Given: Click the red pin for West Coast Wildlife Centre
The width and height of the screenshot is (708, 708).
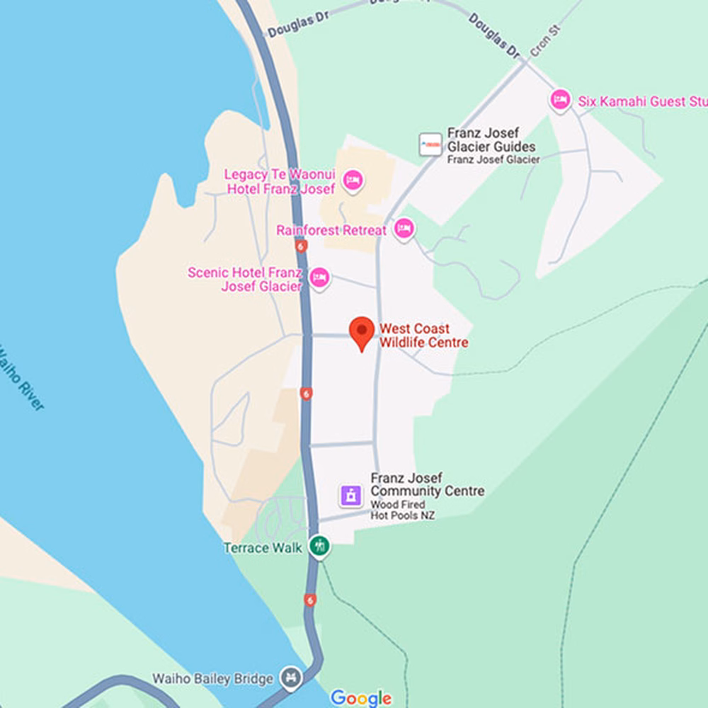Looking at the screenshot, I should click(362, 331).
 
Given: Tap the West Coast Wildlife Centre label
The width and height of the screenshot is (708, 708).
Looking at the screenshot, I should click(424, 336).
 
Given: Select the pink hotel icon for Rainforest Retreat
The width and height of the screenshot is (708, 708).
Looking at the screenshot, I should click(404, 228).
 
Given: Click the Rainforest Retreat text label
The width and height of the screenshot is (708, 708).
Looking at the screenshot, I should click(331, 231).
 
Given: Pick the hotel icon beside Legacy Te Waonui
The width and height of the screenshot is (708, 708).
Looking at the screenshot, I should click(353, 180).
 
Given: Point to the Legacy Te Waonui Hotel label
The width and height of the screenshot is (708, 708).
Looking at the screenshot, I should click(280, 182).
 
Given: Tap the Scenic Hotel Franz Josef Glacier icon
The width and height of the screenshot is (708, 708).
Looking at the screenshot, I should click(319, 278).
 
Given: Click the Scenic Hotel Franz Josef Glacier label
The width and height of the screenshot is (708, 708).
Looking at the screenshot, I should click(245, 280).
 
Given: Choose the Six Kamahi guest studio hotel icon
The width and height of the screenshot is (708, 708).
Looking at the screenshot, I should click(560, 100).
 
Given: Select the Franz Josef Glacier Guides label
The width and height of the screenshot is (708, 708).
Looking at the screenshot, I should click(491, 140).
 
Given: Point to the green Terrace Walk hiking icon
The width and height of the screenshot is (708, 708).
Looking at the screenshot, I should click(320, 546).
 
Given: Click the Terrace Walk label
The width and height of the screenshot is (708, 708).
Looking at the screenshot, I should click(263, 548).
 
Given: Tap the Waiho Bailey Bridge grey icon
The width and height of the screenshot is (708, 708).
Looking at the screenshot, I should click(291, 677).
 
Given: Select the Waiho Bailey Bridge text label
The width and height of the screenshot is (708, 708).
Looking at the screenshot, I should click(212, 679).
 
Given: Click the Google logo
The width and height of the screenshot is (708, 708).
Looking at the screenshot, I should click(360, 698).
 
